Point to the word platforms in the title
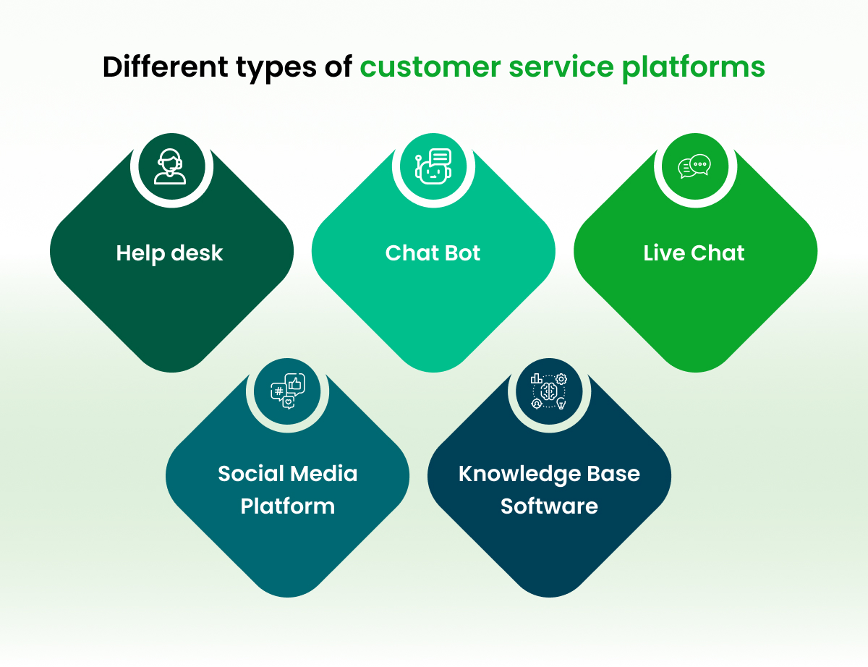tap(694, 67)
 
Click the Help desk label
tap(170, 253)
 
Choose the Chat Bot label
tap(433, 253)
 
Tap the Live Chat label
tap(694, 253)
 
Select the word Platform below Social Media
tap(287, 506)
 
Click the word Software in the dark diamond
tap(549, 506)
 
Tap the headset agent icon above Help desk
tap(171, 167)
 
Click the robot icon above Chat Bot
tap(433, 167)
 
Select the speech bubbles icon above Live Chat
tap(694, 167)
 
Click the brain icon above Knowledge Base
tap(549, 392)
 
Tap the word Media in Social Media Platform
tap(325, 474)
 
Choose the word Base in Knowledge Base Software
tap(617, 474)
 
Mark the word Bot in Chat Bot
tap(464, 253)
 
